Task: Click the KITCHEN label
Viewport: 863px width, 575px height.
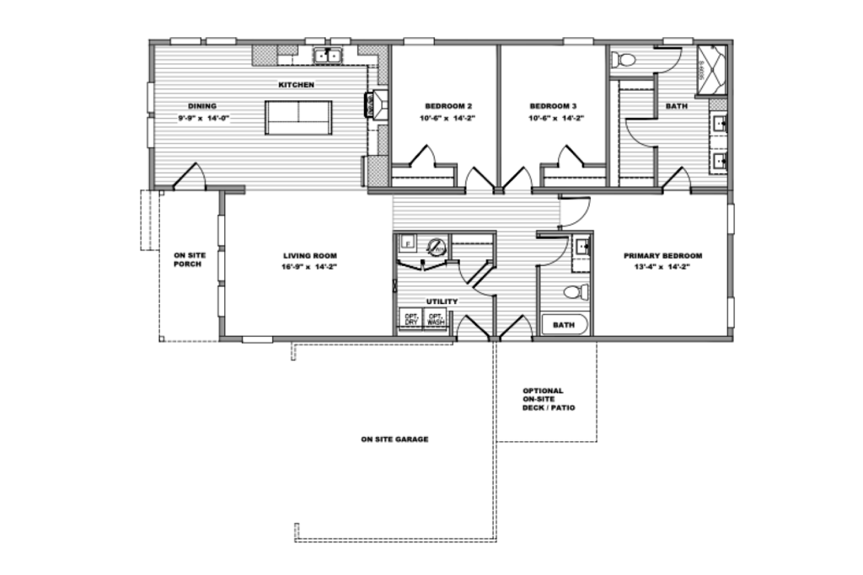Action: click(x=297, y=85)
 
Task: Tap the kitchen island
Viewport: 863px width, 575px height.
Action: click(x=298, y=117)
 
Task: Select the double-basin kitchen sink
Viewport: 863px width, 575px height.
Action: click(x=327, y=56)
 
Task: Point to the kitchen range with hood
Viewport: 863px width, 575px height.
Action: click(x=374, y=104)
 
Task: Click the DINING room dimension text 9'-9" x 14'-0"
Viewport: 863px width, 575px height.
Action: click(x=203, y=119)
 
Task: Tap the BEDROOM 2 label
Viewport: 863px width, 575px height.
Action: click(x=448, y=106)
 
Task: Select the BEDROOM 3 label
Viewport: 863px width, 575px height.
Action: click(x=553, y=106)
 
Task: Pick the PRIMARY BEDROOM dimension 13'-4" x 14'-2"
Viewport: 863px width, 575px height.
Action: click(x=662, y=267)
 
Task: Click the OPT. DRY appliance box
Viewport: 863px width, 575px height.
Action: click(x=410, y=320)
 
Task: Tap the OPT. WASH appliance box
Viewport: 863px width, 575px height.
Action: click(x=436, y=320)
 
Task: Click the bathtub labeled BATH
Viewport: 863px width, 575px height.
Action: click(x=564, y=324)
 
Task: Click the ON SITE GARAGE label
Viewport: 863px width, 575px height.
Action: click(x=394, y=439)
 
